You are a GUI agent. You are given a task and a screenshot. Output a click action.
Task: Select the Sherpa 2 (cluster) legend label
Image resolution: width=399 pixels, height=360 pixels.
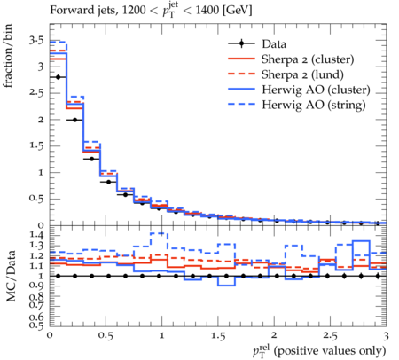coord(308,59)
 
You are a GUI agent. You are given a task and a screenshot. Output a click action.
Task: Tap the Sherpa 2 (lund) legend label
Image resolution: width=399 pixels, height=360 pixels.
coord(302,74)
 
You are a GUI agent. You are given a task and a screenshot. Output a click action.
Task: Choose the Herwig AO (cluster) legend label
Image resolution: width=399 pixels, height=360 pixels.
coord(316,90)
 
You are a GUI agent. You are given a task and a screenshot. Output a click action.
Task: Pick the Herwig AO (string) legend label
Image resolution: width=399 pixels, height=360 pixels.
coord(314,105)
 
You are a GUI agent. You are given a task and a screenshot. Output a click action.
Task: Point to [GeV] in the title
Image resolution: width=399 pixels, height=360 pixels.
coord(237,11)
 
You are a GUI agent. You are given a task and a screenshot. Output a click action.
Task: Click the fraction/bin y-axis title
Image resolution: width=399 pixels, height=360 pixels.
coord(8,56)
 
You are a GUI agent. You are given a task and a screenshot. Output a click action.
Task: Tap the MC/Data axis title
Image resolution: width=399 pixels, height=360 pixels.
coord(11,276)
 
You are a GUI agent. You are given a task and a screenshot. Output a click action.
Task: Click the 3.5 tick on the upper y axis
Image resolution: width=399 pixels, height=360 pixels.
coord(36,40)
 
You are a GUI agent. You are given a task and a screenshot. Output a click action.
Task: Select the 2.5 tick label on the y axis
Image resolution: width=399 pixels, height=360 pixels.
coord(36,93)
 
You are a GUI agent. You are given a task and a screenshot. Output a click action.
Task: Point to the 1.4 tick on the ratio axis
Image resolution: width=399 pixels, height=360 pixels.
coord(36,235)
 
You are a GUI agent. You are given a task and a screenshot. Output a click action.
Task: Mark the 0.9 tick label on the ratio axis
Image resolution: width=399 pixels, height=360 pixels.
coord(36,286)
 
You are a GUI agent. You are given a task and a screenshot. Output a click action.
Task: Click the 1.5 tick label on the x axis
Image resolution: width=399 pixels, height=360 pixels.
coord(218,336)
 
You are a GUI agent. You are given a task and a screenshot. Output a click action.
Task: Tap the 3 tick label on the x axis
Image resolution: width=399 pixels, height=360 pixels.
coord(386,336)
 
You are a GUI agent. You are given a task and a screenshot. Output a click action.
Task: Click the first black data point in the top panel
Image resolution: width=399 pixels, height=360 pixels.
coord(58,77)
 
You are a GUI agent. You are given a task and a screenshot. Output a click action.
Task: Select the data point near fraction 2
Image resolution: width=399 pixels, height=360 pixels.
coord(74,120)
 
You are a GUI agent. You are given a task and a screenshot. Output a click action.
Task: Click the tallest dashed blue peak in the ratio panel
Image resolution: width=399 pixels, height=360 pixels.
coord(159,233)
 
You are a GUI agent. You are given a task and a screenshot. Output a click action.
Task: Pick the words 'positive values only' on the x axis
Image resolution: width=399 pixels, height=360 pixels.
coord(330,351)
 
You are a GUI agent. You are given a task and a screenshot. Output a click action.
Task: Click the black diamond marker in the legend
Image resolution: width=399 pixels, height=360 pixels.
coord(242,43)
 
